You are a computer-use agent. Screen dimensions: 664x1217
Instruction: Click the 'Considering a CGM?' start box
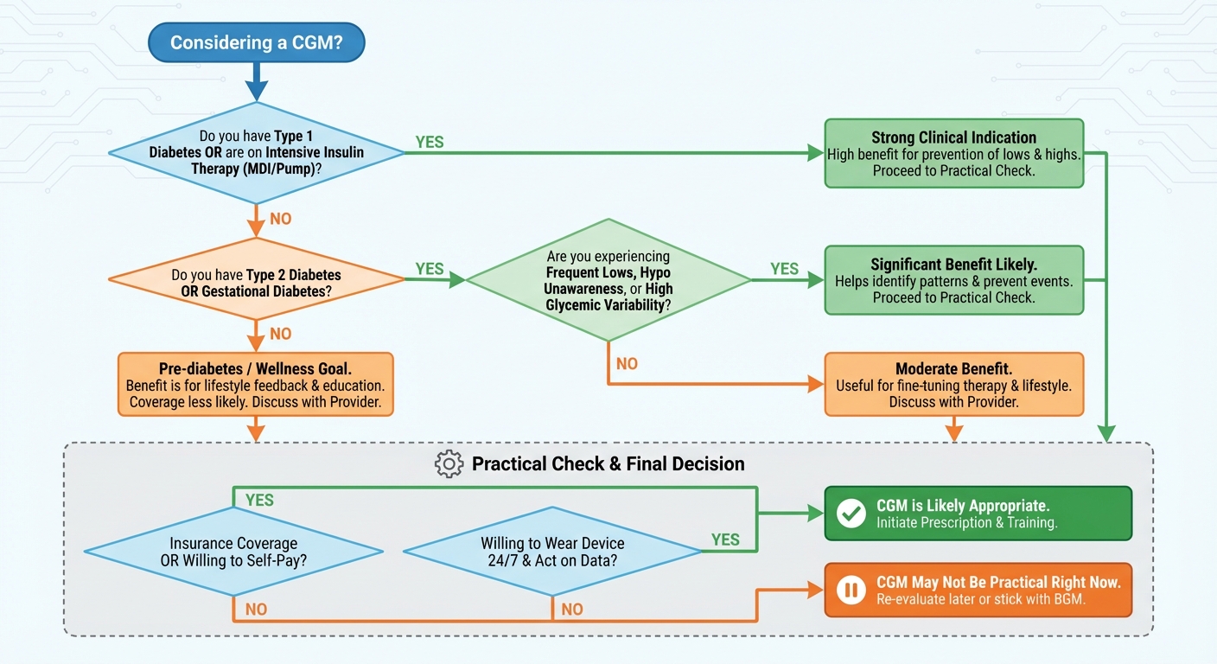pos(256,42)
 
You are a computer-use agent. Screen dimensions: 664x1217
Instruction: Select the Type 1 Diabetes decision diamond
pos(256,153)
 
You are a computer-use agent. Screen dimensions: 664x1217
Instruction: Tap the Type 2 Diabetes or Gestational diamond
pos(256,279)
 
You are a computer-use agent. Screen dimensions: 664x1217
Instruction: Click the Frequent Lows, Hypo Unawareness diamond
pos(608,280)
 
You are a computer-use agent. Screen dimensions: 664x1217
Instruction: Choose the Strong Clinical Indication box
pos(953,153)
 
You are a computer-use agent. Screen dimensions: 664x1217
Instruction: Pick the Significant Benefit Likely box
pos(953,279)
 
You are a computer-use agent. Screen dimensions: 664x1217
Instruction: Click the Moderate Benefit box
pos(953,384)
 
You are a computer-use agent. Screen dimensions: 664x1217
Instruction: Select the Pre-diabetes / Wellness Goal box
pos(255,384)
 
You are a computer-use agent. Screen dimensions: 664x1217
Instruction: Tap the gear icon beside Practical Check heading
pos(449,464)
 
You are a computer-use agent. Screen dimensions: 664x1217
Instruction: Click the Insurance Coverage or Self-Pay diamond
pos(233,552)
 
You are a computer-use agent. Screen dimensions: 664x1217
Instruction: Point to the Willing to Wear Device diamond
pos(552,552)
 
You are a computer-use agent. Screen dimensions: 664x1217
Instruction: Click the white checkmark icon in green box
pos(851,514)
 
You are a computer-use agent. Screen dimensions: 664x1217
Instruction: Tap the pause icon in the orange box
pos(851,590)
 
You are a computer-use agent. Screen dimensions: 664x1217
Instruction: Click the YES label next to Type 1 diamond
pos(430,143)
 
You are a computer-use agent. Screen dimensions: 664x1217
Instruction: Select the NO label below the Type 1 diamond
pos(281,219)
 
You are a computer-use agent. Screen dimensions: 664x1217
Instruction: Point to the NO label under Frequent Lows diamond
pos(627,364)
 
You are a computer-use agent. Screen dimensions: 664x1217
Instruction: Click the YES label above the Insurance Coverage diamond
pos(259,500)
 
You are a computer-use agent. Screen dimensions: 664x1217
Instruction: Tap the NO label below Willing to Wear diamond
pos(572,610)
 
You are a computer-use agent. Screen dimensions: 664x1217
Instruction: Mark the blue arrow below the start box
pos(256,85)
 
